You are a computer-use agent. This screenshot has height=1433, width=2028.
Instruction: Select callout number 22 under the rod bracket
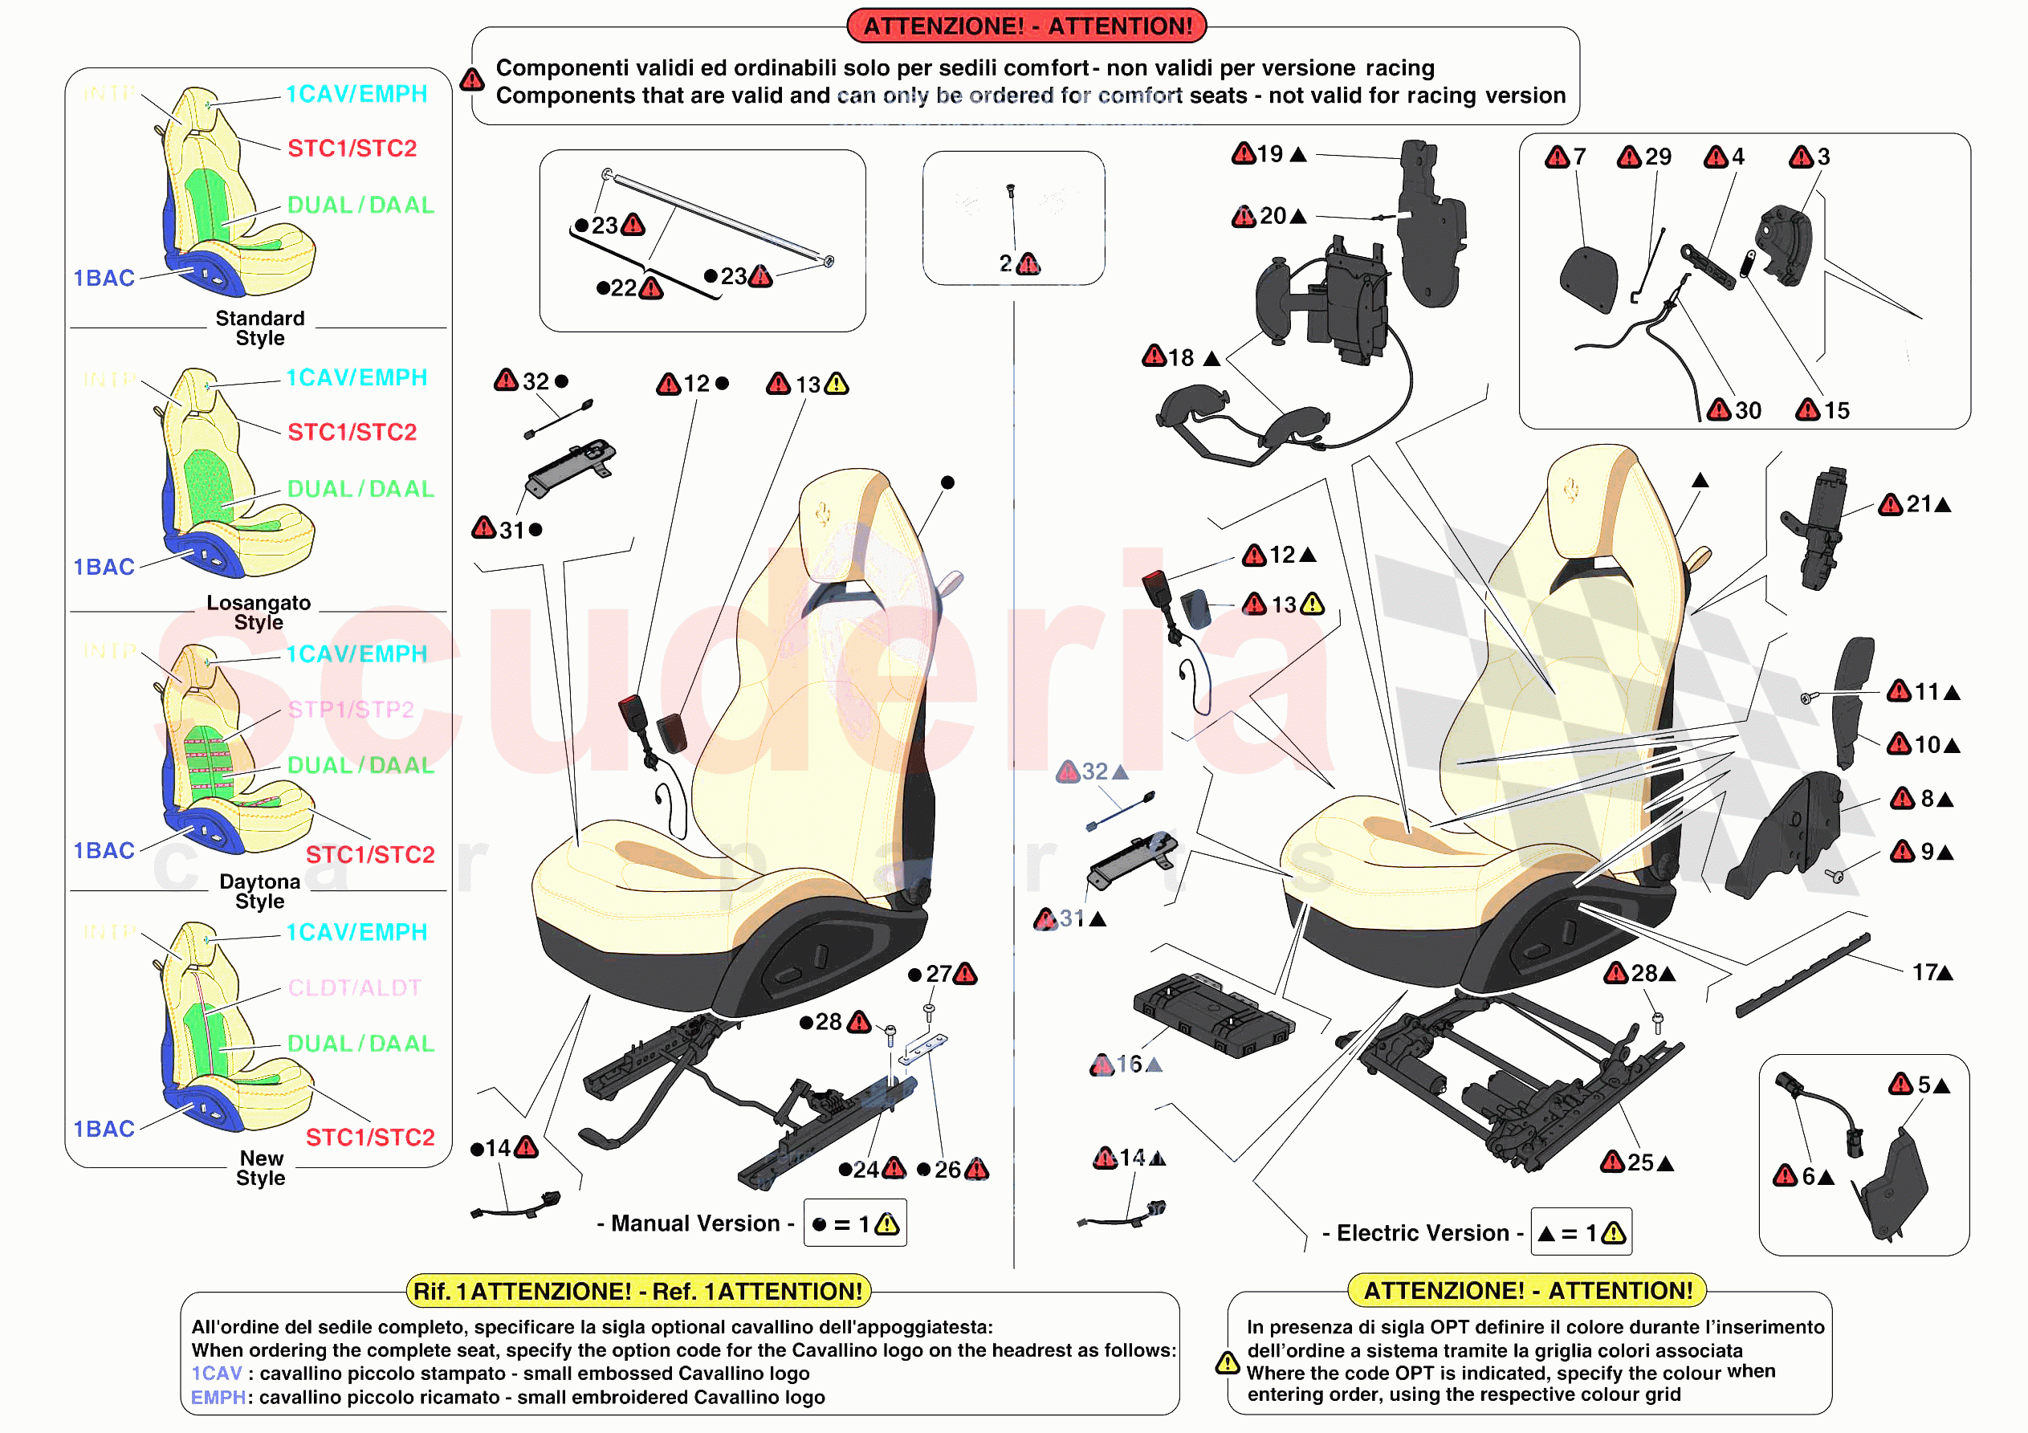tap(624, 288)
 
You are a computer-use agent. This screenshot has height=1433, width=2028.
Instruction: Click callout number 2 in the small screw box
tap(1005, 263)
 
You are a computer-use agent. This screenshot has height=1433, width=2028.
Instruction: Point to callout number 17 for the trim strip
tap(1924, 973)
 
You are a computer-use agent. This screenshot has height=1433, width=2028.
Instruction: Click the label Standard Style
tap(259, 328)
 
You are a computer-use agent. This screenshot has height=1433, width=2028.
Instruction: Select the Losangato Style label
tap(259, 613)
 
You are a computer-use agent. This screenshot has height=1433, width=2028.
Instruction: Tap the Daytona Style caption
tap(259, 891)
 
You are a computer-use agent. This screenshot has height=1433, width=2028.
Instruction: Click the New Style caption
tap(261, 1168)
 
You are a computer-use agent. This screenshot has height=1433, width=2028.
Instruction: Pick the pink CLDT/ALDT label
tap(354, 987)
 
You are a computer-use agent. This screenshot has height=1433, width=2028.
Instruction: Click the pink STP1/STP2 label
tap(351, 710)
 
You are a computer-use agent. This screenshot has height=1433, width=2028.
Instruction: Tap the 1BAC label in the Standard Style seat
tap(104, 279)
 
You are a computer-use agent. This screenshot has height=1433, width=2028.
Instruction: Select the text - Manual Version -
tap(695, 1223)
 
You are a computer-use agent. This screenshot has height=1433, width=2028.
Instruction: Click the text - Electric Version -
tap(1422, 1233)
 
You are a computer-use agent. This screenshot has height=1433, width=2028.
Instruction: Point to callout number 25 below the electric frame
tap(1640, 1162)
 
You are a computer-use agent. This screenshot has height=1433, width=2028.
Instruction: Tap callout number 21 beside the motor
tap(1919, 504)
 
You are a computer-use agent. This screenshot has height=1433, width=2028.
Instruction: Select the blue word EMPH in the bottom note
tap(218, 1398)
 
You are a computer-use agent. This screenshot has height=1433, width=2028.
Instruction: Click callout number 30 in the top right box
tap(1747, 411)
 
